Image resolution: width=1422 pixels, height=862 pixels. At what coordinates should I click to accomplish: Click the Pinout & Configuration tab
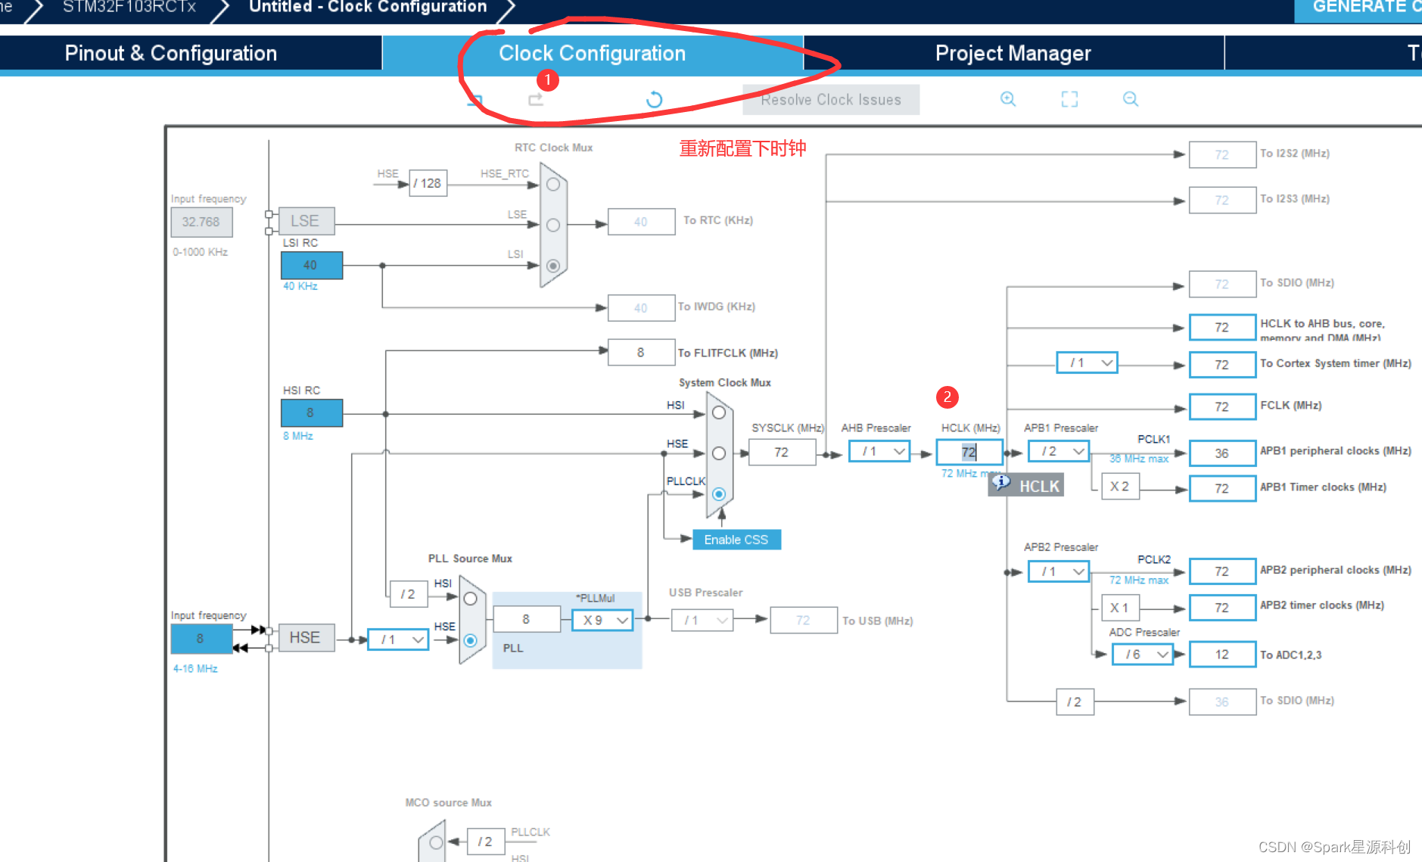(170, 53)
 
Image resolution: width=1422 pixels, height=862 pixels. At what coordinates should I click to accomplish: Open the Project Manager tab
(1013, 53)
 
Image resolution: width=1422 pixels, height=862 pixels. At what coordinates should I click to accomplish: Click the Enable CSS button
(736, 540)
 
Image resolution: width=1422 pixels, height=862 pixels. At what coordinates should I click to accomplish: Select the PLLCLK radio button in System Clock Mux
(719, 494)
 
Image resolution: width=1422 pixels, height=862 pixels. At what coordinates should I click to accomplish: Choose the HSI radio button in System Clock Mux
(719, 412)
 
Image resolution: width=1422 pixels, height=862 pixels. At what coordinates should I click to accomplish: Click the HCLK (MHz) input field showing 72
(969, 453)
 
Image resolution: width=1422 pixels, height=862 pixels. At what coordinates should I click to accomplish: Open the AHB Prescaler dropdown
(879, 452)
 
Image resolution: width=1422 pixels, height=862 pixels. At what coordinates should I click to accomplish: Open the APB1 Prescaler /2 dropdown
(1058, 452)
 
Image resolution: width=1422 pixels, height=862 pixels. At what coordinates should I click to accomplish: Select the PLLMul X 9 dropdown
(602, 621)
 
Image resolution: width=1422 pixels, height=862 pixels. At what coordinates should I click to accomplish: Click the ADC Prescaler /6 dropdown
(1142, 655)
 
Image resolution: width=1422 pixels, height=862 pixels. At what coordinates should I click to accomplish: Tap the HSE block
(305, 638)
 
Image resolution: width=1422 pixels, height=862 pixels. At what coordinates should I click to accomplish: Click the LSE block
(306, 221)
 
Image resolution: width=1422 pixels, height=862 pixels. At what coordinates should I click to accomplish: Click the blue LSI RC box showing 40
(311, 266)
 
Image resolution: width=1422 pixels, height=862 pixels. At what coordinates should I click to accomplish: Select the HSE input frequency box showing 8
(201, 639)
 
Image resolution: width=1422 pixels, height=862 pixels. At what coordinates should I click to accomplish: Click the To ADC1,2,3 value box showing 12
(1221, 655)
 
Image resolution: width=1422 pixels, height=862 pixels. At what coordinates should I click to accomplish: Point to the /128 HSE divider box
(428, 183)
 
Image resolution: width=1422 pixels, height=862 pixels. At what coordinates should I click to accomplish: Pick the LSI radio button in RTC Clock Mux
(553, 266)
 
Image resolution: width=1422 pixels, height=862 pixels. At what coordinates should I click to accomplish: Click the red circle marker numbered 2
(947, 397)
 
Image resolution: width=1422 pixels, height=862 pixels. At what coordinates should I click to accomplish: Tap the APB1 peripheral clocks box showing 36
(1221, 453)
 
